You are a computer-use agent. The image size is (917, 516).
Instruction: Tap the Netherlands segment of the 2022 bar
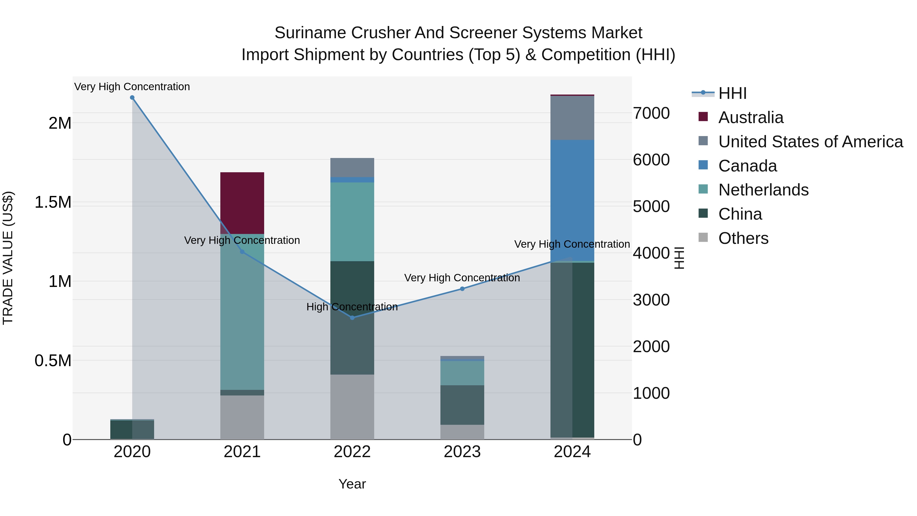point(352,221)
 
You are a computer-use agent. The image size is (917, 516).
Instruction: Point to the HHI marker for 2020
point(132,98)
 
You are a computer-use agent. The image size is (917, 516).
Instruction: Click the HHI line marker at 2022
point(352,318)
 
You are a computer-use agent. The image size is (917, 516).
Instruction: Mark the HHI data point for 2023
point(462,289)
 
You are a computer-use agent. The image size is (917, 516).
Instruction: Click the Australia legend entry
point(750,117)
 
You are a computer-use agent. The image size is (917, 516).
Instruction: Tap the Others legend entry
point(743,238)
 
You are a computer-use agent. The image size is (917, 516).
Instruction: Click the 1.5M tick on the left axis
point(53,202)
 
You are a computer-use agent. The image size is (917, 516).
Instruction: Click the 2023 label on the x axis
point(462,452)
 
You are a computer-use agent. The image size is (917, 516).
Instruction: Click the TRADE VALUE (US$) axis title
point(8,258)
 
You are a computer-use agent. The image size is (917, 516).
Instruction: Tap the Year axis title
point(352,484)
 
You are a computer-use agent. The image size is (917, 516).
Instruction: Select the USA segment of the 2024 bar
point(572,118)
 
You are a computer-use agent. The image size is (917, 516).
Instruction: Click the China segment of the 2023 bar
point(462,405)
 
